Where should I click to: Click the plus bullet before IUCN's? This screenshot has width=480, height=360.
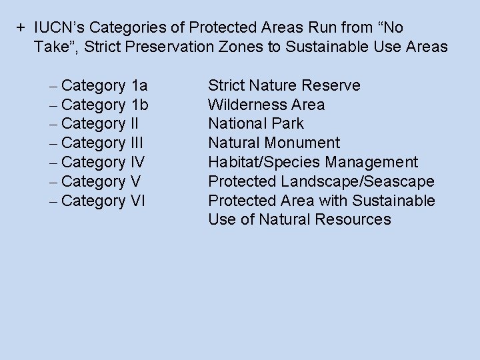coord(21,28)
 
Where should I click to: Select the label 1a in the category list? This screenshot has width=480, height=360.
coord(140,85)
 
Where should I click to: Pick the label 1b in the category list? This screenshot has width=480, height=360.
coord(140,105)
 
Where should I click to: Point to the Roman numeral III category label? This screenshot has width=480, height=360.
coord(137,143)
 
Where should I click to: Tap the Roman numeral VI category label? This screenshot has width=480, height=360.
coord(139,201)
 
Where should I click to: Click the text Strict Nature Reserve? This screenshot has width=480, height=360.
coord(284,85)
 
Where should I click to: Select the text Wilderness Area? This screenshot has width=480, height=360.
coord(266,105)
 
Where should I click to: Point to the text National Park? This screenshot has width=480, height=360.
coord(255,123)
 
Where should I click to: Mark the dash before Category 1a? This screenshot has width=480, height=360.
coord(53,86)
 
